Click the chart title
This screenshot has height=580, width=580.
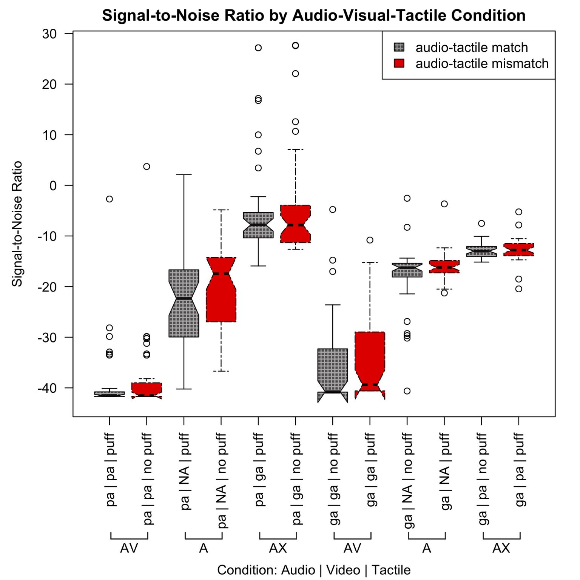(313, 16)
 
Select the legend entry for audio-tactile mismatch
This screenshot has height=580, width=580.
(481, 63)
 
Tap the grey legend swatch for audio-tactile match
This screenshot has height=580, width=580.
(399, 47)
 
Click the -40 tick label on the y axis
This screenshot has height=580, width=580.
(47, 388)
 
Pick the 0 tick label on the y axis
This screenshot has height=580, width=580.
(53, 186)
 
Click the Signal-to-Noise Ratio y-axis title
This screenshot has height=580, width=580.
(17, 224)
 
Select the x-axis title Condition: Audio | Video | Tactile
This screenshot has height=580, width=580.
(313, 570)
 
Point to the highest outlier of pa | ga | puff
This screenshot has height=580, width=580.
(258, 48)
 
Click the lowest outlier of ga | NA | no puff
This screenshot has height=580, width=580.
(407, 391)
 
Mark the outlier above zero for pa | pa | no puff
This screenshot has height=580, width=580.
(147, 167)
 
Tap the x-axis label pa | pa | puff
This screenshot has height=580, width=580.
(110, 470)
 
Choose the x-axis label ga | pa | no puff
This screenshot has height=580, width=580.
(482, 479)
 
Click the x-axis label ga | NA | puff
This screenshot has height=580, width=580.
(445, 471)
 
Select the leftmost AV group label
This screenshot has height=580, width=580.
(129, 548)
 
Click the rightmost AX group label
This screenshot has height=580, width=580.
(501, 548)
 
